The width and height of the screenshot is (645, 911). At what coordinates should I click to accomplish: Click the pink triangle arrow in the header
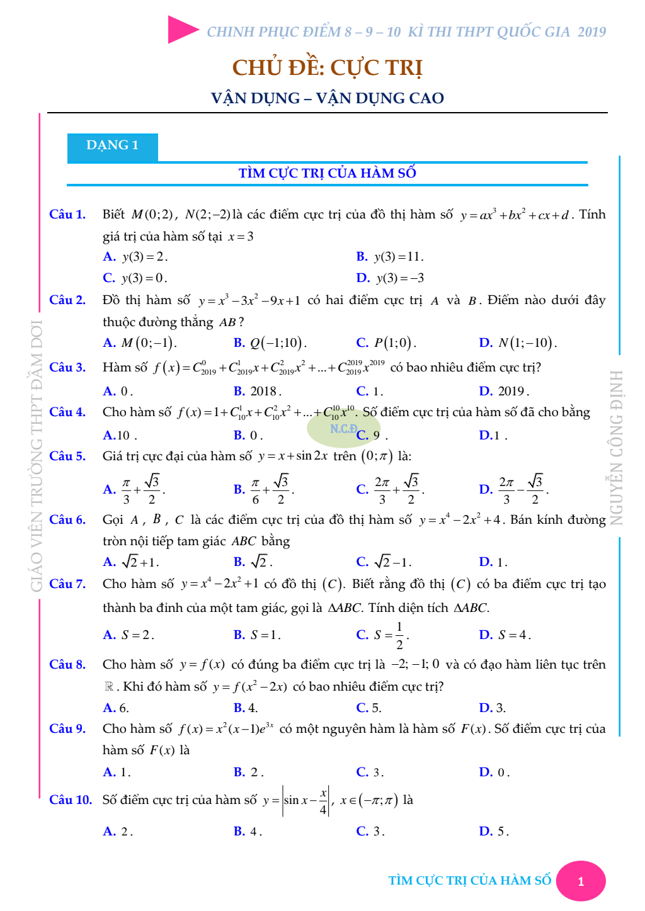(x=183, y=30)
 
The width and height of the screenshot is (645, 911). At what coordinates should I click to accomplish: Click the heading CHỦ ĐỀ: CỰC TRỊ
(x=327, y=67)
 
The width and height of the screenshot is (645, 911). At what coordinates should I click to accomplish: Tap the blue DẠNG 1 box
(x=113, y=146)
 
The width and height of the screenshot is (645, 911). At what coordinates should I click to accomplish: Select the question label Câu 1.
(x=67, y=215)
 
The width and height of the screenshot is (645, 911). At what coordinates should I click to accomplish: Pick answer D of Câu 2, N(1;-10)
(x=517, y=343)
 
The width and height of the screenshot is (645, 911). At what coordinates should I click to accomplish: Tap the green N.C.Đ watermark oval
(x=344, y=429)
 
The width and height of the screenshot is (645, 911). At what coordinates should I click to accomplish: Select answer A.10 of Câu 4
(x=119, y=436)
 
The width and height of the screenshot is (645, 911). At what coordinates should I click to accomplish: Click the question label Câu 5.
(x=67, y=456)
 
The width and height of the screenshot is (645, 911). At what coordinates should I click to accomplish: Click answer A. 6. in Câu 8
(x=116, y=708)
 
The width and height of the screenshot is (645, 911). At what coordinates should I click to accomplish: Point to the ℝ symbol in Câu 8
(x=109, y=686)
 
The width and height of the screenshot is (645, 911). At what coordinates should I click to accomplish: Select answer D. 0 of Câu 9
(x=494, y=772)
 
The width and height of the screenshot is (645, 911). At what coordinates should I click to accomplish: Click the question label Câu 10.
(x=71, y=800)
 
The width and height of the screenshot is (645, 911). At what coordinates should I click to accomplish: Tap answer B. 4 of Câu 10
(x=247, y=832)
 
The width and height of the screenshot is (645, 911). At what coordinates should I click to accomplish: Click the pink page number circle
(x=581, y=881)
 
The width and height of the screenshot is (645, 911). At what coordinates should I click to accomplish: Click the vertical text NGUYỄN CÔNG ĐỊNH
(x=616, y=447)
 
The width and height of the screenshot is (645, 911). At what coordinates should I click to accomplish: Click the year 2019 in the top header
(x=591, y=32)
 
